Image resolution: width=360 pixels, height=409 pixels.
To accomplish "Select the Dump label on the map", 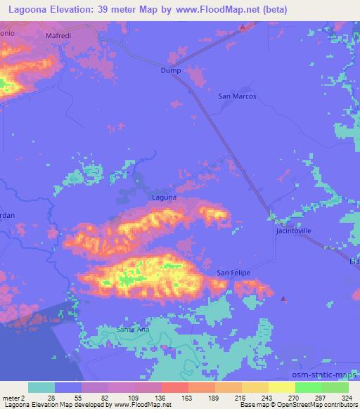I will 171,70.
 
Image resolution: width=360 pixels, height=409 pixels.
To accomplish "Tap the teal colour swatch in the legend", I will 41,388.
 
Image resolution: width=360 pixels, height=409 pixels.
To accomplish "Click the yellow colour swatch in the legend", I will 281,388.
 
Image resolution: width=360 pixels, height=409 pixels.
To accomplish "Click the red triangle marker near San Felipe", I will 283,299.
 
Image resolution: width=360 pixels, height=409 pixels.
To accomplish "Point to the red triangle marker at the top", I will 243,27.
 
